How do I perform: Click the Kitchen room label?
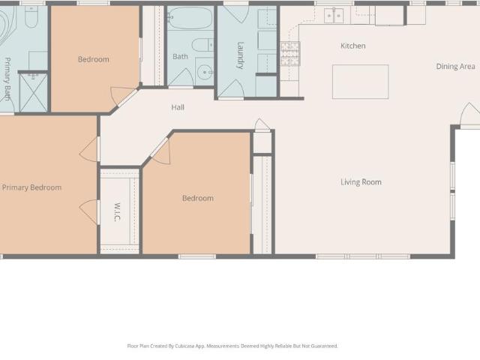353,46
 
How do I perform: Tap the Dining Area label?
455,67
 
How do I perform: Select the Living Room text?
361,182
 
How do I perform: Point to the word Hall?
178,107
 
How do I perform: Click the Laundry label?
241,55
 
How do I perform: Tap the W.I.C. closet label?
117,211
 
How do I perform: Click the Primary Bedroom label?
31,187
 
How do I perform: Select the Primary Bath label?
7,79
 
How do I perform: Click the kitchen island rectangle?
361,82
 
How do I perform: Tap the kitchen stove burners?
290,54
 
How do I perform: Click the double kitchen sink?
334,16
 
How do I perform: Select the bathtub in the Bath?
190,18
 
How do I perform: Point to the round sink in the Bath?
205,73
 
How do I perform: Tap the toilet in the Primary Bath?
31,16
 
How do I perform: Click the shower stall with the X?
33,92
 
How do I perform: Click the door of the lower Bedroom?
161,151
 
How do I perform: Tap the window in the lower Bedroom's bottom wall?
197,256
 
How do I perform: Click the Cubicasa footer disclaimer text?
232,346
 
